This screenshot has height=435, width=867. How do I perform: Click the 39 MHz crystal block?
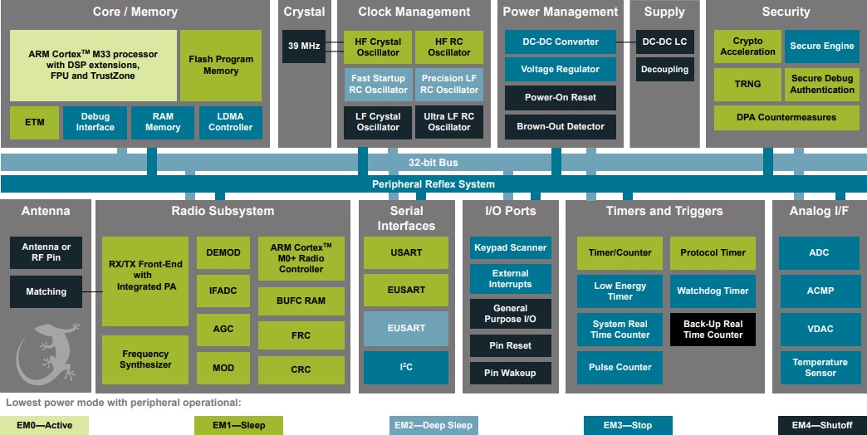(x=304, y=46)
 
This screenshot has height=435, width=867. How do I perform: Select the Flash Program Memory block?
(x=221, y=66)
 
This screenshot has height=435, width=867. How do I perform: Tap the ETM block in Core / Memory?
(x=34, y=122)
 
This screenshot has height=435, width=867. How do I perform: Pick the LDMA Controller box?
(x=231, y=122)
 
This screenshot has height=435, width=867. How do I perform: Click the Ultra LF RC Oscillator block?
(x=449, y=122)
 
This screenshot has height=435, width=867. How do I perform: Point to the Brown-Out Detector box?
(x=561, y=127)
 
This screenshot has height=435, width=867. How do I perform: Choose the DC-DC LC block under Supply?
(x=664, y=42)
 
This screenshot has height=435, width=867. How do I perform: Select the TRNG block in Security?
(x=747, y=85)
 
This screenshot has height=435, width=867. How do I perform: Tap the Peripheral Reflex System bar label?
(x=433, y=184)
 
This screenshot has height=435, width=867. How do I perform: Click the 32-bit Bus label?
(x=433, y=163)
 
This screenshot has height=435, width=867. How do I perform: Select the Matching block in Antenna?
(x=47, y=291)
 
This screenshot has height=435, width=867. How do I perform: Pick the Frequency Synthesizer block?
(x=145, y=359)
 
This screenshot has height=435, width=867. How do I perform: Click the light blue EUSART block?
(x=406, y=328)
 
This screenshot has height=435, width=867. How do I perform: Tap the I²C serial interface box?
(x=406, y=367)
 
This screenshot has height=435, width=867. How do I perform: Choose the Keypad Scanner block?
(x=510, y=247)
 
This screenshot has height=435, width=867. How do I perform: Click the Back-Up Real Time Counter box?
(x=713, y=330)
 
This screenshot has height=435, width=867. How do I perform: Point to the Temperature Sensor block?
(x=820, y=368)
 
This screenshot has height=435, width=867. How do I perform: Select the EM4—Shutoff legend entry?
(x=821, y=426)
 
